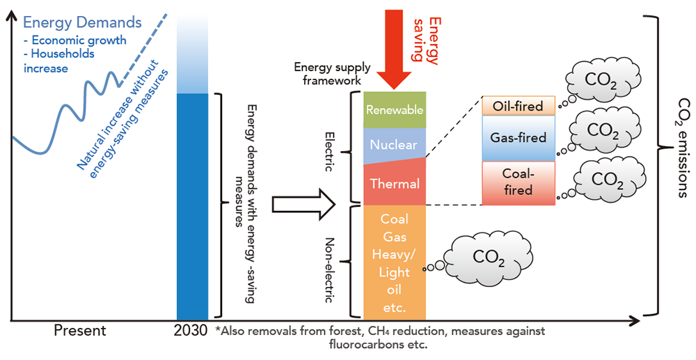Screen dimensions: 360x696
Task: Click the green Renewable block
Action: [x=394, y=109]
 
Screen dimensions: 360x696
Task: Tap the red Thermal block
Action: [x=394, y=184]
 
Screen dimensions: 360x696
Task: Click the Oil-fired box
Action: [x=518, y=107]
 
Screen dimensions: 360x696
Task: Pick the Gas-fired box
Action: [x=518, y=138]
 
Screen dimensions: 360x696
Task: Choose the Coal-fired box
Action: [x=518, y=182]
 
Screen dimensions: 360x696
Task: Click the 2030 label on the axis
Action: [x=192, y=331]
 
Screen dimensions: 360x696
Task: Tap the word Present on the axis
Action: [x=80, y=331]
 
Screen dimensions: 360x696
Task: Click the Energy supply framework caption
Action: [x=326, y=74]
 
